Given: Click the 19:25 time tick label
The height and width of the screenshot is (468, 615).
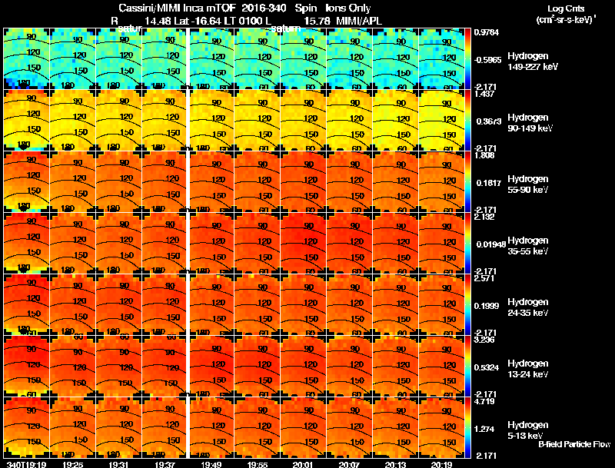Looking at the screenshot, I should coord(73,463).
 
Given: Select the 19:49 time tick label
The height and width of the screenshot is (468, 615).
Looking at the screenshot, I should coord(211,463).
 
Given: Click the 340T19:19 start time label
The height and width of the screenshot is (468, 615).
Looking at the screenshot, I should coord(25,463).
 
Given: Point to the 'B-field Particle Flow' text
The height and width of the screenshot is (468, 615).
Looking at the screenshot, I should coord(574,444).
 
